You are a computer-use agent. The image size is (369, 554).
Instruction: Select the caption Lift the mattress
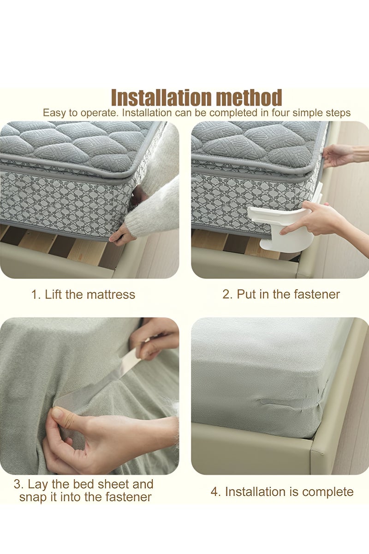(83, 295)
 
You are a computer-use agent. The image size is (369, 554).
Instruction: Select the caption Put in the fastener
(281, 295)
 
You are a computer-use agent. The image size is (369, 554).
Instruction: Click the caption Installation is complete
(282, 492)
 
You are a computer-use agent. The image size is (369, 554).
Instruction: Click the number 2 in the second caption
(227, 295)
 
